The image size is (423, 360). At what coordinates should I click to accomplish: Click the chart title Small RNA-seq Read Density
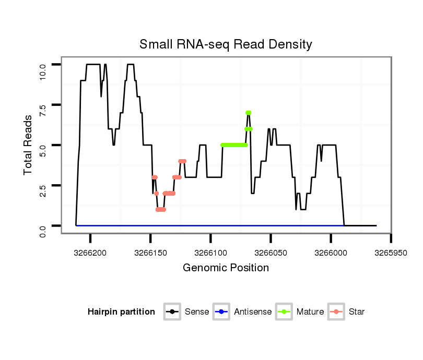pos(226,44)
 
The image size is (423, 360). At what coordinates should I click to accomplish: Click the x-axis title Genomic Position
pos(226,268)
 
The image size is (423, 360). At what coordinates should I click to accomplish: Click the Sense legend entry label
pos(197,312)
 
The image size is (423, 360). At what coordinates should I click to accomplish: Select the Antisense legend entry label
pos(253,312)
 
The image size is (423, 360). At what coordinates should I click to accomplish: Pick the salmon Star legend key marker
pos(337,312)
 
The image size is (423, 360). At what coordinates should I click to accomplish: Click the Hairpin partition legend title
pos(121,312)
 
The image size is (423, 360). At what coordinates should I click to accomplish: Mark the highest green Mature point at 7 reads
pos(249,113)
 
